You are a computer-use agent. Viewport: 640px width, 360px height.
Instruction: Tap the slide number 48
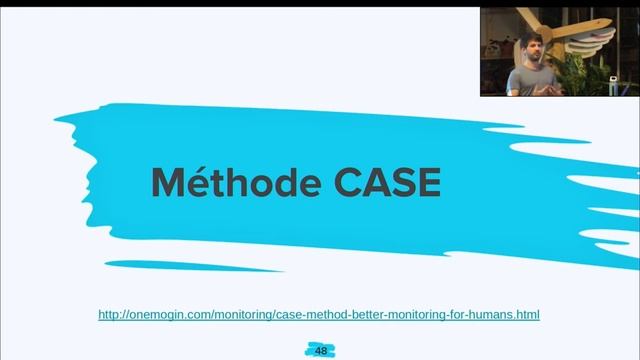tap(321, 351)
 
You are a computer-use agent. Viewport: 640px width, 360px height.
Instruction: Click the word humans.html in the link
tap(506, 315)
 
